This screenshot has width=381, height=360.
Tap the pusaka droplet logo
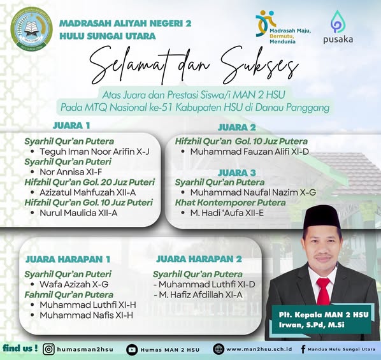click(338, 23)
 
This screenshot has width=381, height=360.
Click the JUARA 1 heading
click(71, 125)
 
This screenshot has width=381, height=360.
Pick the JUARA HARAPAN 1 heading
click(68, 259)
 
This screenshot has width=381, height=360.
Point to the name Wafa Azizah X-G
click(74, 284)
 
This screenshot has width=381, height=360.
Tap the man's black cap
click(323, 216)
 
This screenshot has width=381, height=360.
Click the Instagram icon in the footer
click(48, 349)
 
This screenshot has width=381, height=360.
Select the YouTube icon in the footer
click(132, 349)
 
